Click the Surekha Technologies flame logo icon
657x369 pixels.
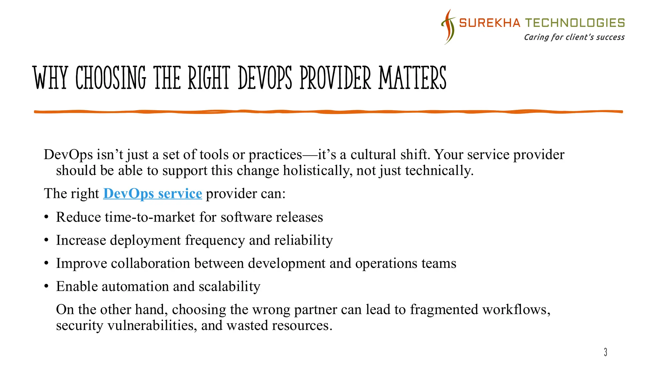(448, 27)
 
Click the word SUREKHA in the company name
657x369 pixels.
(490, 23)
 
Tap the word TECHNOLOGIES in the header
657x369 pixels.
(575, 23)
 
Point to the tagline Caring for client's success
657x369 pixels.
(574, 37)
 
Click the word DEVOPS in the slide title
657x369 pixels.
(265, 78)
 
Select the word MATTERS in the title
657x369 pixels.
(412, 78)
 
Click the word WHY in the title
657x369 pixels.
(50, 78)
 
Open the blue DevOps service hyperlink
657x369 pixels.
(152, 193)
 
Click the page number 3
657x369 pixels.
(605, 352)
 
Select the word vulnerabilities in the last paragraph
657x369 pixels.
(152, 326)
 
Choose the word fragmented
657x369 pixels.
(444, 310)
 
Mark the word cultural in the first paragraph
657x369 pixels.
(373, 155)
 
